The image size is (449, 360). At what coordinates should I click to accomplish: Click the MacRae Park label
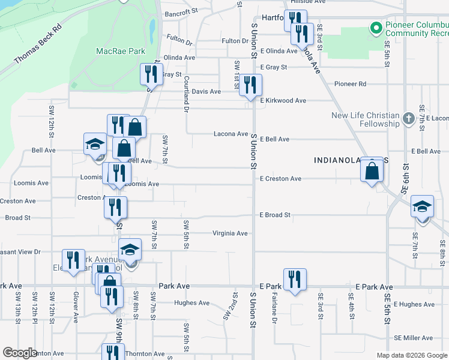click(121, 51)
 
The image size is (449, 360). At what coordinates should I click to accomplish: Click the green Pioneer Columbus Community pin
click(376, 28)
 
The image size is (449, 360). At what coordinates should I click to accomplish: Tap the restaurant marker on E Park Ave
click(295, 280)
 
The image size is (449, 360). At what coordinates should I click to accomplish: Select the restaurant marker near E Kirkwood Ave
click(250, 85)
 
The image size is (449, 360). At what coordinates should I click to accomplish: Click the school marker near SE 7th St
click(423, 208)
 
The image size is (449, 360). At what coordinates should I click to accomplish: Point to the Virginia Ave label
click(230, 233)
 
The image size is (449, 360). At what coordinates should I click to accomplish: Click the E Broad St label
click(275, 215)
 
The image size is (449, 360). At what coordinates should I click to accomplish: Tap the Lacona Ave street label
click(231, 134)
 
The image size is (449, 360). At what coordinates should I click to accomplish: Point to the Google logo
click(20, 353)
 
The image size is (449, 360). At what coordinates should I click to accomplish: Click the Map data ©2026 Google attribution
click(412, 355)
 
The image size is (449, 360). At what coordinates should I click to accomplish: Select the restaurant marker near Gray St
click(151, 74)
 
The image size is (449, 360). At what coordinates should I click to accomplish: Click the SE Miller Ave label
click(414, 338)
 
